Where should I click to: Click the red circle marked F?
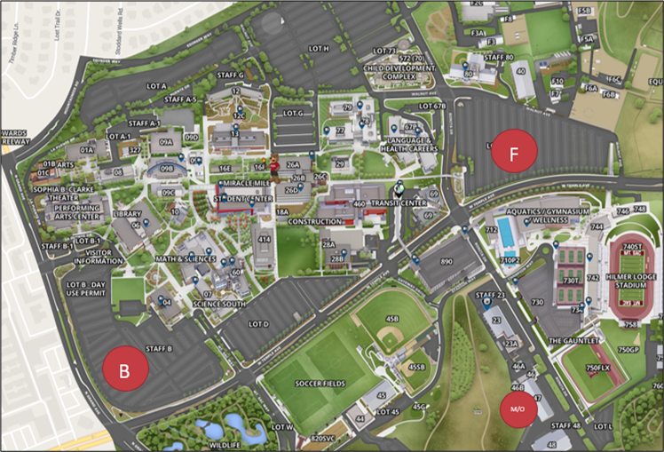pyautogui.click(x=513, y=155)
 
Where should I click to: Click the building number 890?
pyautogui.click(x=447, y=262)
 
